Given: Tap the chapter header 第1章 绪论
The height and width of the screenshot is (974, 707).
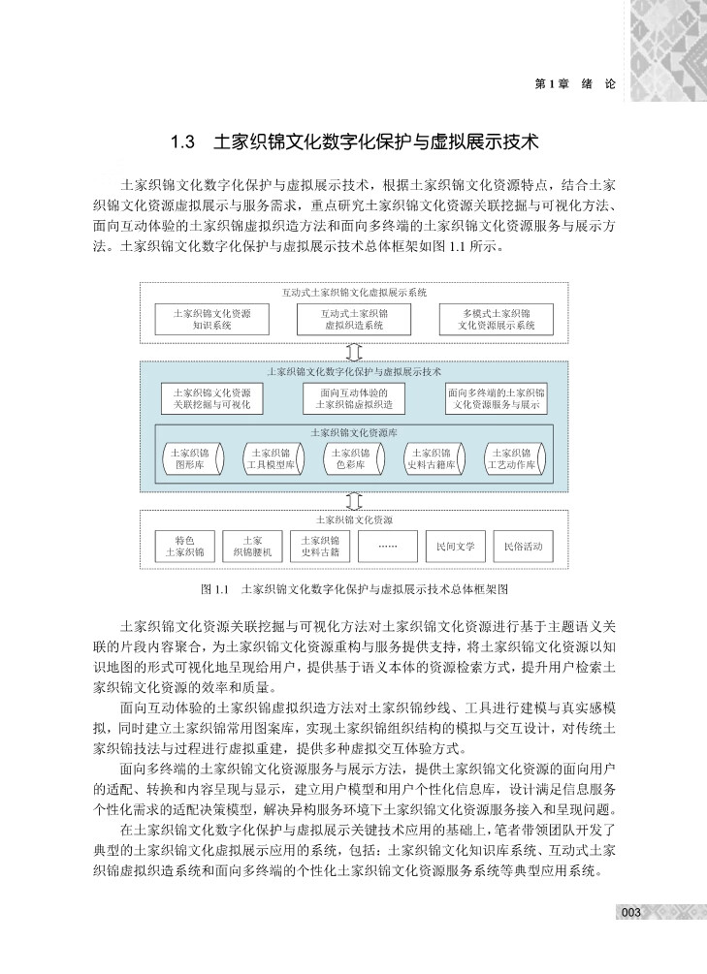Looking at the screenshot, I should tap(575, 84).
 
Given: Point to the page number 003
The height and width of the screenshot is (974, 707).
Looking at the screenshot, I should tap(631, 912).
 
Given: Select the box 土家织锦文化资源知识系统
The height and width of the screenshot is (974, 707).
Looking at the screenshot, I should tap(211, 320).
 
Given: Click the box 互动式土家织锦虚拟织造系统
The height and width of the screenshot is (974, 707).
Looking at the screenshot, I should tap(354, 320).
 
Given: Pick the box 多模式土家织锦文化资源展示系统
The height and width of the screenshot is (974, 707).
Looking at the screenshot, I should tap(497, 320).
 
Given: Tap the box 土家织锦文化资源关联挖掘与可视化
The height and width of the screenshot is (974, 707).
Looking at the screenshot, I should tap(211, 398).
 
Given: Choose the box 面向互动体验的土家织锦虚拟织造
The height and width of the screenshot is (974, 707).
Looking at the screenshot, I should tap(354, 398).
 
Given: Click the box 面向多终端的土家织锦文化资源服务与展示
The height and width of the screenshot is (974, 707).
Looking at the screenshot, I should tap(497, 398).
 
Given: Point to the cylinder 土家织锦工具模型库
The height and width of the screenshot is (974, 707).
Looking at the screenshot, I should tap(273, 458).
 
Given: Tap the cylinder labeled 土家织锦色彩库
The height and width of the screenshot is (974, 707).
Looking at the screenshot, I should tap(354, 458).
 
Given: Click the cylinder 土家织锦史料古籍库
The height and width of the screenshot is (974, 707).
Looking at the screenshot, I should tap(433, 458).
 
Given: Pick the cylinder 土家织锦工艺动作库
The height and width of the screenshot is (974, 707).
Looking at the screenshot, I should tap(513, 458).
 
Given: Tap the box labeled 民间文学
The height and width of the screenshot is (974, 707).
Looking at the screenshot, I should tap(455, 546).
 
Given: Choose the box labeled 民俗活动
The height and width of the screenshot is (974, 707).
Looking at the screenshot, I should tap(524, 546).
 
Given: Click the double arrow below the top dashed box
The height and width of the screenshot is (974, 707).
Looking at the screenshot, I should tap(354, 351).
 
